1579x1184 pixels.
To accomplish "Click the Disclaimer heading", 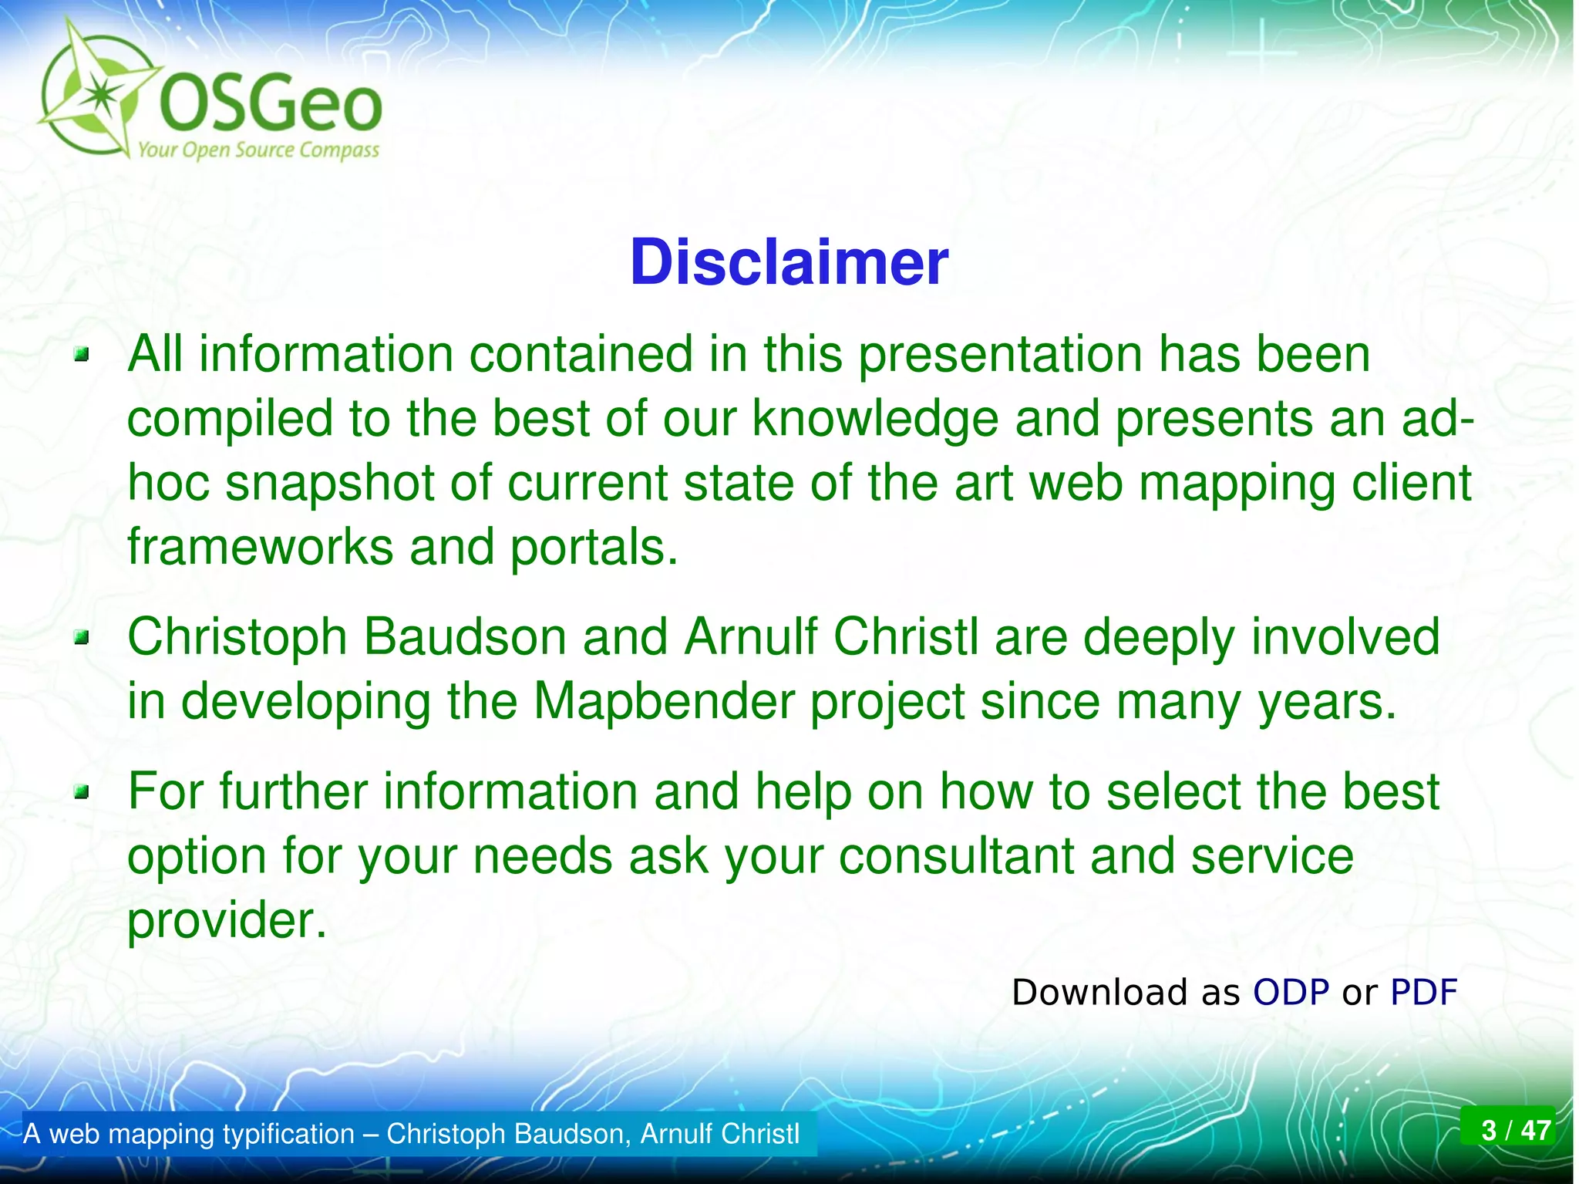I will click(x=789, y=263).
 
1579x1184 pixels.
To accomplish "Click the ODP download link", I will click(x=1291, y=992).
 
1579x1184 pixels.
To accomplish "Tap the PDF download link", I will click(x=1423, y=992).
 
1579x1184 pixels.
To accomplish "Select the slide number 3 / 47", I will click(x=1516, y=1130).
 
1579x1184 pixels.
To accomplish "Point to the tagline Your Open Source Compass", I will click(x=258, y=150).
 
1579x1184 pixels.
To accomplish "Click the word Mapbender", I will click(x=664, y=701).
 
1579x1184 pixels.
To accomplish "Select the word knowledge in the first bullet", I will click(x=875, y=419).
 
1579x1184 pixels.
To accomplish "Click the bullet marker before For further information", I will click(x=82, y=792).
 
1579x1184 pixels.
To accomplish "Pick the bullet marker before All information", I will click(x=82, y=356).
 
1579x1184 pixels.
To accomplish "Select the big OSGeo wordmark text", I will click(x=270, y=106).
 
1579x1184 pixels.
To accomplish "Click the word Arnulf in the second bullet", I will click(x=752, y=637).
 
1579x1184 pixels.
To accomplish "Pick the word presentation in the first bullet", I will click(x=1000, y=355).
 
